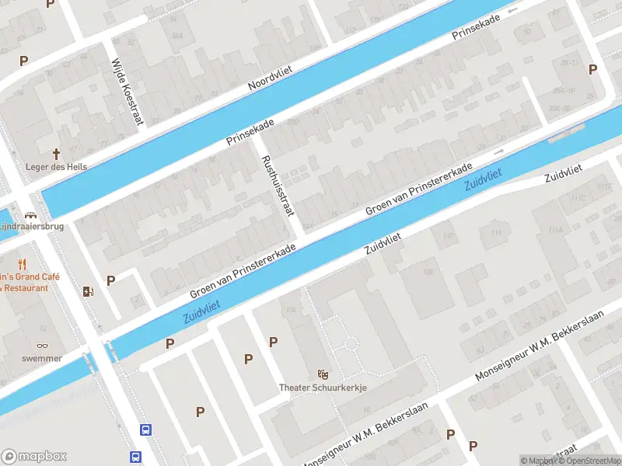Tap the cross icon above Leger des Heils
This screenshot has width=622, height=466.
(57, 154)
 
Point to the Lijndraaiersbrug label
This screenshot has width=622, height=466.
(31, 226)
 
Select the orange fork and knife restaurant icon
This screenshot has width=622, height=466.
(22, 263)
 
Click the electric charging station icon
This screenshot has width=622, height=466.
(87, 291)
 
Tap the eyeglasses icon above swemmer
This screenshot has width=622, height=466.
(41, 346)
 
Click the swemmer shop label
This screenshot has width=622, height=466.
(41, 360)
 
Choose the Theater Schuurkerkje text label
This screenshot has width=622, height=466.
(323, 387)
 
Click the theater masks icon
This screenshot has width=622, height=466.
(323, 374)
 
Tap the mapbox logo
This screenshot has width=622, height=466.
(35, 457)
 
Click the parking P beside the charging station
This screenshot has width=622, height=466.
(110, 280)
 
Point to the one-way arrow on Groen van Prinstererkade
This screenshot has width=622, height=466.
(498, 150)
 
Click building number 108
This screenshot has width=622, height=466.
(427, 272)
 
